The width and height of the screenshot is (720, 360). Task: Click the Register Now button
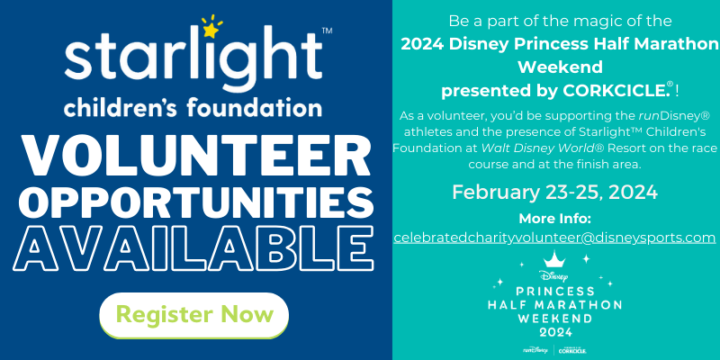[x=193, y=315]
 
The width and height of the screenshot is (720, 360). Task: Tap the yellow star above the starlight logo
[x=211, y=31]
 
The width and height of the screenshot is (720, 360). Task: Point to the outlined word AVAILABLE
[x=193, y=248]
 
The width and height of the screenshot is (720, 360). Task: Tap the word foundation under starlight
[x=255, y=109]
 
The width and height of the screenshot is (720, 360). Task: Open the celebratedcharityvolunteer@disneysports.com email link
[x=554, y=238]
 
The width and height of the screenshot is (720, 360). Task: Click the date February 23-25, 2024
[x=554, y=192]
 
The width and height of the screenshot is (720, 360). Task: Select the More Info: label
[x=554, y=218]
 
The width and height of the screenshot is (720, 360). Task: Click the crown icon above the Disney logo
[x=554, y=259]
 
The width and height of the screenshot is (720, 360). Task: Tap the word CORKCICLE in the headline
[x=615, y=91]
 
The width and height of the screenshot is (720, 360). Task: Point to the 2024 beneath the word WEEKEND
[x=554, y=331]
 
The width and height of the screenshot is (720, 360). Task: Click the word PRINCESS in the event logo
[x=554, y=291]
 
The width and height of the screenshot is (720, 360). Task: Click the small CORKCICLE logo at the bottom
[x=572, y=351]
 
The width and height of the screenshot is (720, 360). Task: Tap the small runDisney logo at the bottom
[x=535, y=350]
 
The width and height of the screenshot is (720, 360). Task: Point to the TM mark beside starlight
[x=328, y=31]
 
